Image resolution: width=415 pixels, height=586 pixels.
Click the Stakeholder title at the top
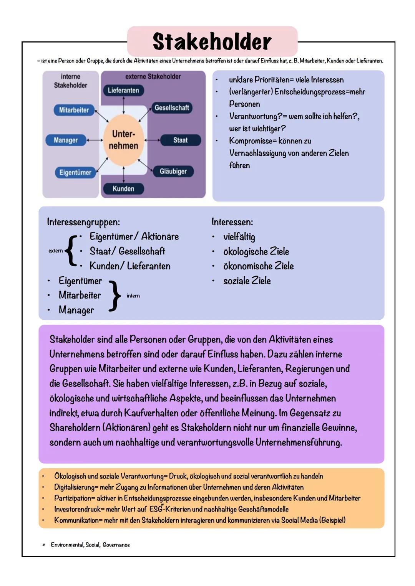tap(212, 41)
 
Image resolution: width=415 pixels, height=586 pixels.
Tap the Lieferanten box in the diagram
tap(123, 90)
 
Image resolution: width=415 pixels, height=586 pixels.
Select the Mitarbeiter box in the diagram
tap(74, 110)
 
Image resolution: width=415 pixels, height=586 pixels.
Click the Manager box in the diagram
tap(66, 140)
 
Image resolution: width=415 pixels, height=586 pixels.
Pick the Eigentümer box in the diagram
tap(75, 172)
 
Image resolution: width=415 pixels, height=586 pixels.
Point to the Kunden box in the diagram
tap(123, 188)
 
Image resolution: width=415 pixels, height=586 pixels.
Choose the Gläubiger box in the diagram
tap(173, 171)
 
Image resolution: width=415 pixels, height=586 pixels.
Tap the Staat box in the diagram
tap(180, 140)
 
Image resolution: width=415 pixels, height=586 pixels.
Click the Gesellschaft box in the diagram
tap(171, 108)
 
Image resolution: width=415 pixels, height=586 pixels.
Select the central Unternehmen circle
tap(123, 140)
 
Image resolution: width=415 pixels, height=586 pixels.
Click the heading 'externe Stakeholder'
tap(153, 76)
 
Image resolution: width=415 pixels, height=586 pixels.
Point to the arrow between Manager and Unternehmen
tap(95, 140)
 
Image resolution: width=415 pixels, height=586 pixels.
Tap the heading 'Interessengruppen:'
tap(83, 222)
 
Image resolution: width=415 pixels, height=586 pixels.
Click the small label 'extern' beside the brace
tap(55, 251)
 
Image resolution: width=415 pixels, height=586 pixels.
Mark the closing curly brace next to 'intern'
tap(114, 295)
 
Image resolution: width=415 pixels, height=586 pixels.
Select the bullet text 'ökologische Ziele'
tap(256, 251)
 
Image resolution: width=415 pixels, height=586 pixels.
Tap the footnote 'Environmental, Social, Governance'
tap(90, 545)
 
